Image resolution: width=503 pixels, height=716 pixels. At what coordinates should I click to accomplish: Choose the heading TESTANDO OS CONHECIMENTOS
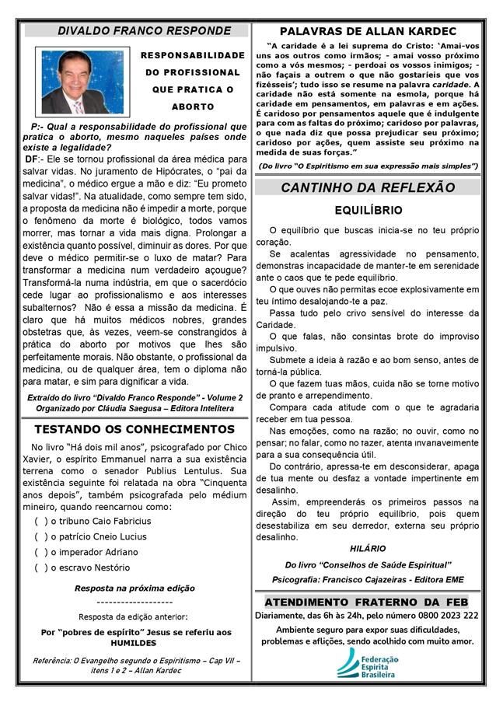(x=134, y=429)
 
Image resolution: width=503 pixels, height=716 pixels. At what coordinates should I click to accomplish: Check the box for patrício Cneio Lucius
(x=40, y=536)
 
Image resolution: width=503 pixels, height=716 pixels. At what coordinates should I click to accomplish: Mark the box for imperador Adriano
(x=40, y=552)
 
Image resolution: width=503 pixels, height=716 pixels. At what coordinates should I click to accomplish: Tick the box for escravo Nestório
(x=40, y=568)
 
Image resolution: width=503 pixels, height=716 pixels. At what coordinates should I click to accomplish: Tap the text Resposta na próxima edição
(x=134, y=589)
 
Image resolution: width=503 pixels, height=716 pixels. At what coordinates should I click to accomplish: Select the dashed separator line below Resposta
(x=134, y=602)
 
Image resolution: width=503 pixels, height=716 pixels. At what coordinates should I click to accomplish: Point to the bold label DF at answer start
(x=33, y=159)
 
